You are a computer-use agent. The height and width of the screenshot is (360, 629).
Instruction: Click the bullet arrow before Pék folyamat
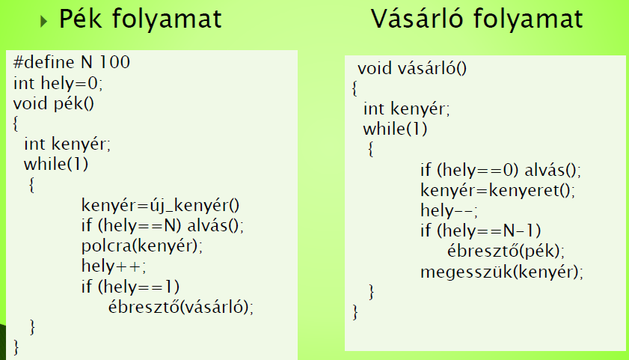[x=43, y=21]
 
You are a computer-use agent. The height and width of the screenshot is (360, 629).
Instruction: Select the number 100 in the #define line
[x=114, y=62]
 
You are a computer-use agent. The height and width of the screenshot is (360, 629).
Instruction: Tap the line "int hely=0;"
[x=58, y=83]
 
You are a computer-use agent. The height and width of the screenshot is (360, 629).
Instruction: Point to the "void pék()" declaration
[x=54, y=103]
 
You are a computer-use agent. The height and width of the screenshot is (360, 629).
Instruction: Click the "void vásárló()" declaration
[x=412, y=68]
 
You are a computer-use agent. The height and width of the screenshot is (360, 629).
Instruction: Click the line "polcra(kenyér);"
[x=142, y=245]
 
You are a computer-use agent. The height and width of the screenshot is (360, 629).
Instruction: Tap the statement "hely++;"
[x=114, y=266]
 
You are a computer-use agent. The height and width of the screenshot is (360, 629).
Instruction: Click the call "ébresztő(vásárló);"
[x=181, y=307]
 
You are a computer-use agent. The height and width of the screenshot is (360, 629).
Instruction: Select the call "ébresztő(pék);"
[x=506, y=251]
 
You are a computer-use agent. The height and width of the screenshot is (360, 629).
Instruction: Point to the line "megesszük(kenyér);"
[x=502, y=272]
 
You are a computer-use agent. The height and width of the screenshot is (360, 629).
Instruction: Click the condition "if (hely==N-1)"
[x=481, y=231]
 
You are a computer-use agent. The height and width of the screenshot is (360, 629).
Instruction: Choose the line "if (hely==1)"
[x=130, y=287]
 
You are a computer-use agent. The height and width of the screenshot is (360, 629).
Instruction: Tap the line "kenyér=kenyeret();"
[x=498, y=190]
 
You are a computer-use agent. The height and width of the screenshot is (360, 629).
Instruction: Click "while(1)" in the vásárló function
[x=395, y=129]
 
